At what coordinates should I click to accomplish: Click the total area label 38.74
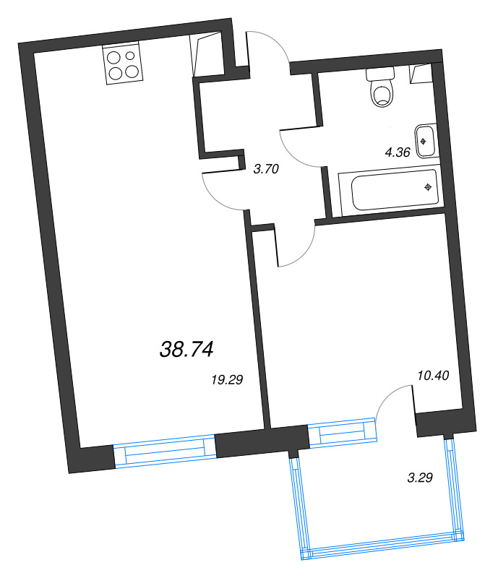[186, 350]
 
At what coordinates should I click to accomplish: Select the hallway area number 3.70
[266, 170]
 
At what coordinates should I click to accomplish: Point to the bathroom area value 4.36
[398, 152]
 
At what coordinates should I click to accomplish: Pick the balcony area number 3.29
[420, 478]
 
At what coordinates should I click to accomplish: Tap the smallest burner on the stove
[131, 55]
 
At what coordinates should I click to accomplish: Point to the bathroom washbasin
[425, 140]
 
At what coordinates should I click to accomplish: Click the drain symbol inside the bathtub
[429, 187]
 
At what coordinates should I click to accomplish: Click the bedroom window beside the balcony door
[343, 433]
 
